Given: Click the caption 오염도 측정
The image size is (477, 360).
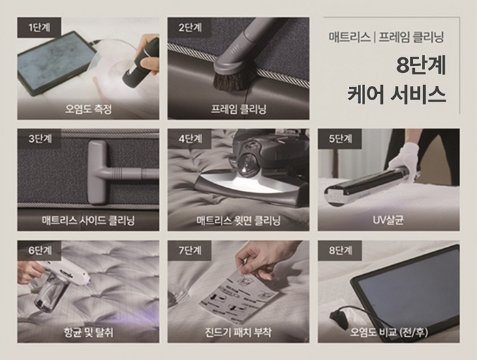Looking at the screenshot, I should point(89,109).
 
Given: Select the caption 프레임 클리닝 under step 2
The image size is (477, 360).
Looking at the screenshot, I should point(238,109).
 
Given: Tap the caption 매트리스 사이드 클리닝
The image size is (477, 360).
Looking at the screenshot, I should point(89,220).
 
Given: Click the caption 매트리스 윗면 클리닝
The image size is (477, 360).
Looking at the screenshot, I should point(238,220).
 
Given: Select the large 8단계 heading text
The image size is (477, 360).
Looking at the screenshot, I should point(420,66).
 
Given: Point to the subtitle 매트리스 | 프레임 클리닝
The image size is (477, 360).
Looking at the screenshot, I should point(395,34).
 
